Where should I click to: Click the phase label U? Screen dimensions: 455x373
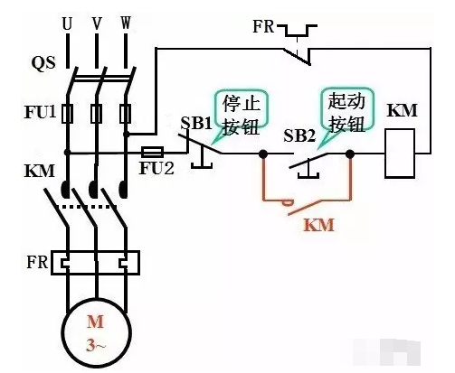(x=67, y=23)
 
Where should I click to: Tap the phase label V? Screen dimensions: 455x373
(x=97, y=23)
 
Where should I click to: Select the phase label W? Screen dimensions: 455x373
(x=126, y=23)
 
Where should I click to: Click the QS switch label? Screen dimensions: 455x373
(x=43, y=63)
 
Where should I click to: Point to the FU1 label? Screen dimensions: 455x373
(x=41, y=112)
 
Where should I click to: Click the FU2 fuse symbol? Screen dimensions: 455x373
(x=152, y=153)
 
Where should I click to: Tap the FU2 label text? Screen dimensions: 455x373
(x=156, y=168)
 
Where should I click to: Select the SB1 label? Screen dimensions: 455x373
(x=196, y=123)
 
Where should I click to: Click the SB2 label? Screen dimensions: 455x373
(x=299, y=135)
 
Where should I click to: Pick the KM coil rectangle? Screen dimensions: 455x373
(x=400, y=154)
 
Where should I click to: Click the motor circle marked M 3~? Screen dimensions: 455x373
(x=97, y=332)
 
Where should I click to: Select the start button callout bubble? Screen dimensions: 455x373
(x=346, y=112)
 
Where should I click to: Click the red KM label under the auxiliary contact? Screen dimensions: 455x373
(x=319, y=225)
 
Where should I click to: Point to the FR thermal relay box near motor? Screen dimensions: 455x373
(x=95, y=263)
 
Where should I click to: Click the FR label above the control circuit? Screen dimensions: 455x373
(x=263, y=26)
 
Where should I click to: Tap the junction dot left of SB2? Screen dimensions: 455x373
(x=263, y=154)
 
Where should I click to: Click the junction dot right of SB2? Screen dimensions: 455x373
(x=350, y=154)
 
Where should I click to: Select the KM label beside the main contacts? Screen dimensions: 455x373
(x=40, y=171)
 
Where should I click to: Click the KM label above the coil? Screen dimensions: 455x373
(x=403, y=110)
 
